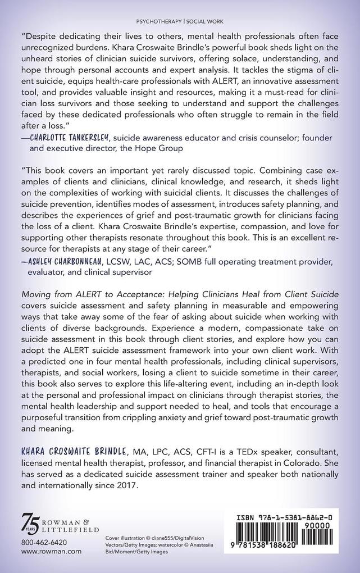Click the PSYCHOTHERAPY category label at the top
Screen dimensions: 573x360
pos(164,21)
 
